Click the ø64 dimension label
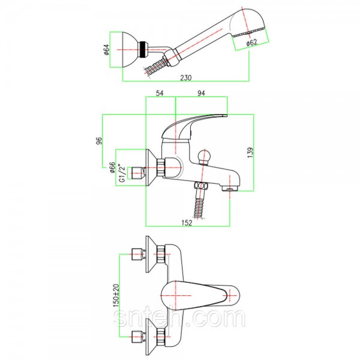107,50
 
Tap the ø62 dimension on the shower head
251,43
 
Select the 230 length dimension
185,78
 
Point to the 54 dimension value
160,93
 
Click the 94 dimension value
201,93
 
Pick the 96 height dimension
98,141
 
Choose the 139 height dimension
250,152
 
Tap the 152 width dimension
187,223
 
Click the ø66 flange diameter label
112,167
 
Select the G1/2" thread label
122,173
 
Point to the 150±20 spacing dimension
116,295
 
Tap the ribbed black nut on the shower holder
143,50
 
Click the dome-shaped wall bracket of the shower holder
130,50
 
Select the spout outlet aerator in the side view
230,188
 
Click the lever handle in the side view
194,126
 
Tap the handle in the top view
200,295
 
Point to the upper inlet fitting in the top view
139,254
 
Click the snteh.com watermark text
179,318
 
